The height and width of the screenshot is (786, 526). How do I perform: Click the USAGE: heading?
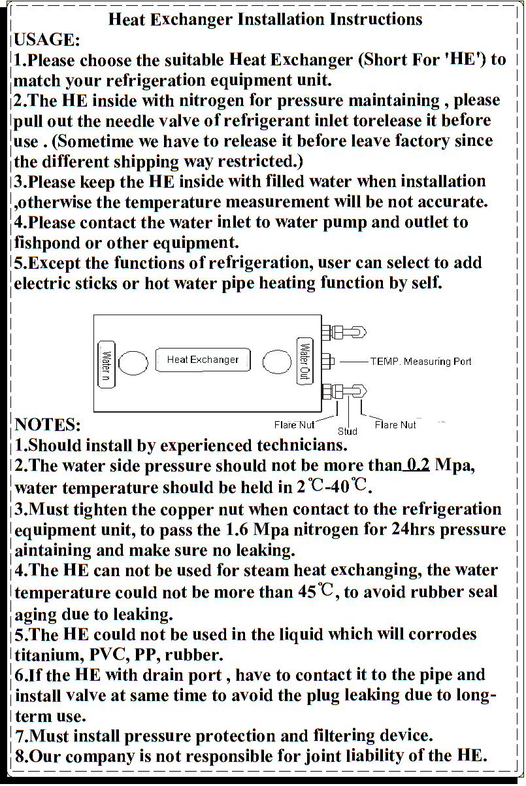coord(47,39)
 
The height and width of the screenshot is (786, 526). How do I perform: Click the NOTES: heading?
coord(48,424)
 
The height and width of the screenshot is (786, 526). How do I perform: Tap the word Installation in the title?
coord(281,19)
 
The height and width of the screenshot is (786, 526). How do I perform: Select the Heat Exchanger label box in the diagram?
coord(203,360)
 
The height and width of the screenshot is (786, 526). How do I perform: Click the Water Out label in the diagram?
coord(304,361)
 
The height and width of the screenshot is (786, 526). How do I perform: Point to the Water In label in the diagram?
coord(107,364)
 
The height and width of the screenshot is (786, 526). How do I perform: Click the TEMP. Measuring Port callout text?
coord(421,362)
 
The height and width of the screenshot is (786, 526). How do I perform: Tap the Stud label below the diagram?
coord(347,431)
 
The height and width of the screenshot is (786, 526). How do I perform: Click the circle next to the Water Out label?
coord(277,362)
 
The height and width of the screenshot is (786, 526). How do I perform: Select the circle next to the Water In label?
coord(133,363)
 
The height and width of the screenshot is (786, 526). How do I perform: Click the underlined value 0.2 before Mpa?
coord(418,465)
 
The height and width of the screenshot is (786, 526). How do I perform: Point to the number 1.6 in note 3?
coord(237,530)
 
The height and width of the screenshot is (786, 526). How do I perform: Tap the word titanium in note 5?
coord(49,655)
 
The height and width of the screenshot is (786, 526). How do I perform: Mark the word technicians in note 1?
coord(302,445)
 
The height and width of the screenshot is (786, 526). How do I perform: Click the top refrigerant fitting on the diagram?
coord(344,332)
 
